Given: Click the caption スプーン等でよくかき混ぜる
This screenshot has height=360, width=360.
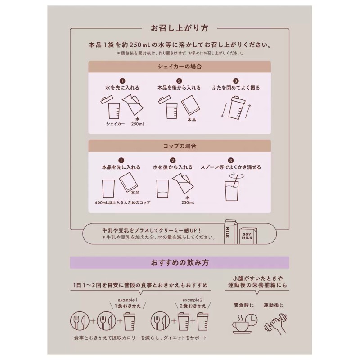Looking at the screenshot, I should coord(231,167).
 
